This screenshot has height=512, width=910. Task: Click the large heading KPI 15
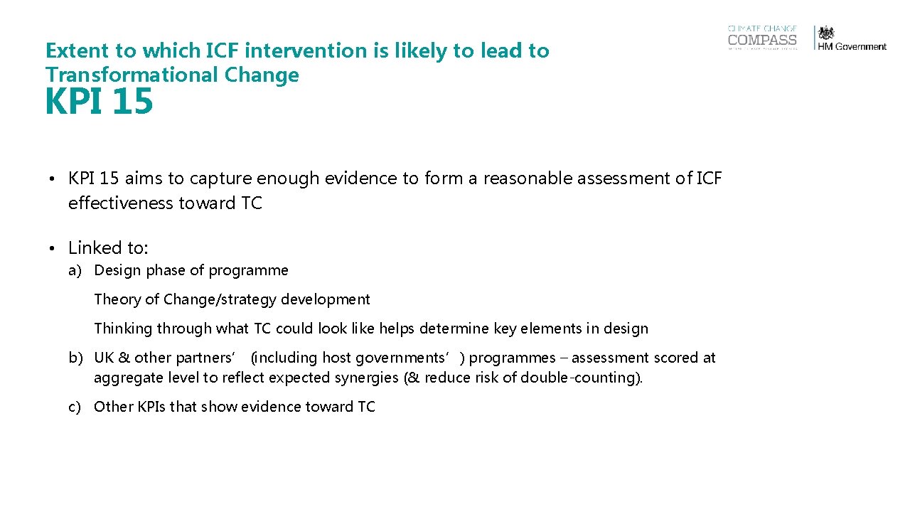click(x=99, y=102)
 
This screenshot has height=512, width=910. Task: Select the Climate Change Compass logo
click(x=762, y=38)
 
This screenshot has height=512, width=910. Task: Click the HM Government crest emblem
click(x=827, y=33)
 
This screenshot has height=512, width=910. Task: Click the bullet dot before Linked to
click(x=53, y=248)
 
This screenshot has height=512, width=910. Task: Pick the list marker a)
click(x=76, y=270)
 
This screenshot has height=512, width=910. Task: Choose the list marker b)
click(x=76, y=358)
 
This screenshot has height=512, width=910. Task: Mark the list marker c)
click(x=75, y=407)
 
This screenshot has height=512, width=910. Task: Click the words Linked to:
click(x=108, y=248)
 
